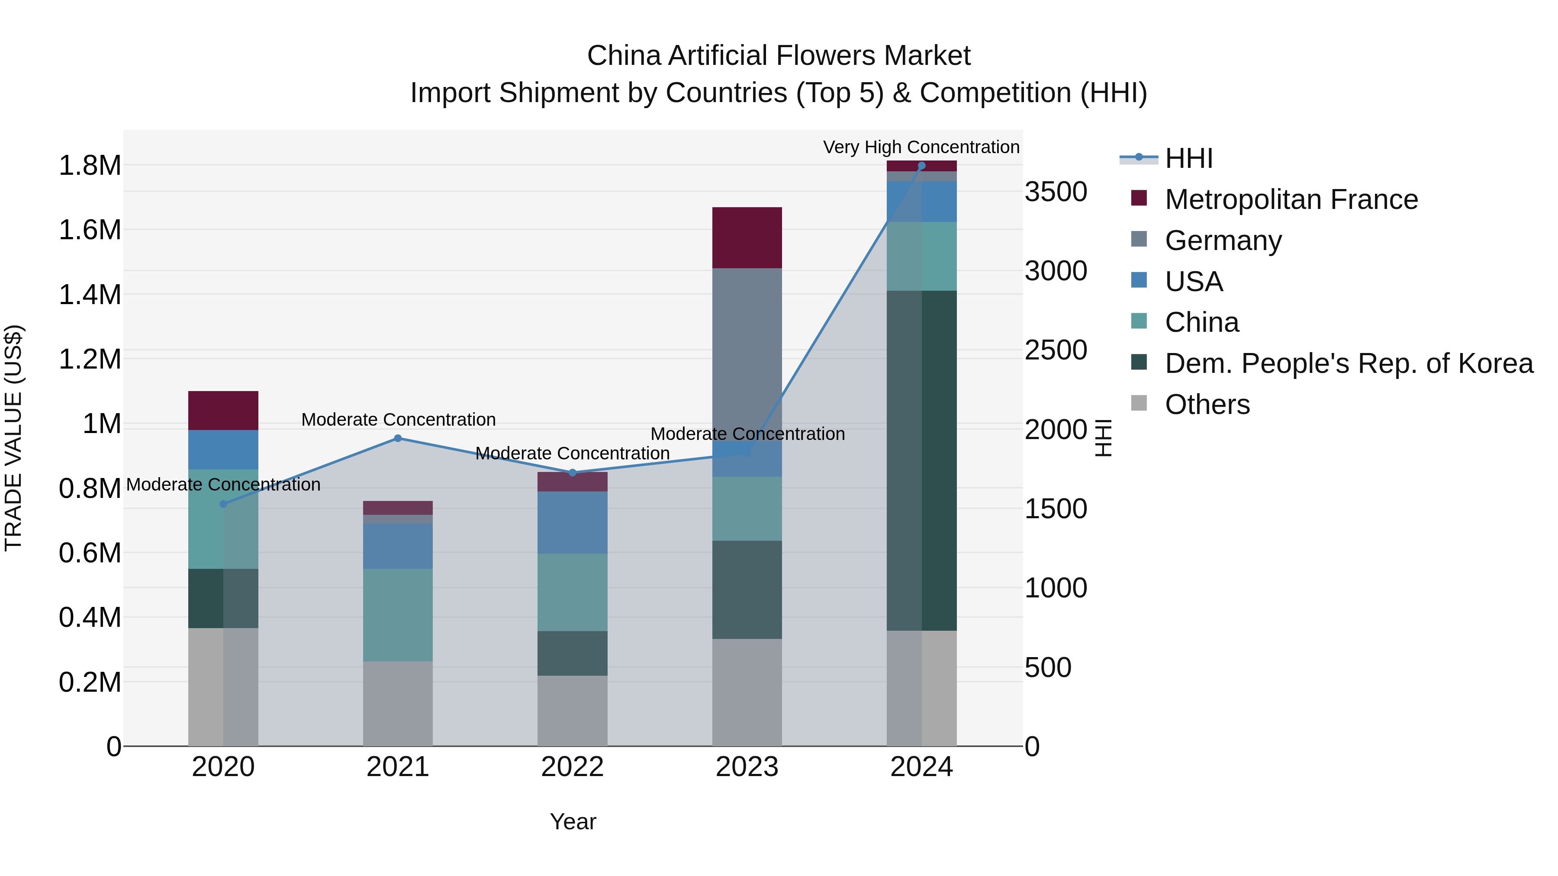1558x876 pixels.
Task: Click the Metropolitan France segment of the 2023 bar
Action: pyautogui.click(x=747, y=237)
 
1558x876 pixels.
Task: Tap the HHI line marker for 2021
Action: pyautogui.click(x=398, y=438)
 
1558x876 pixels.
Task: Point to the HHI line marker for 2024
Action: pyautogui.click(x=922, y=166)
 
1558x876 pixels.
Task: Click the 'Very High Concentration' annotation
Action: pyautogui.click(x=921, y=147)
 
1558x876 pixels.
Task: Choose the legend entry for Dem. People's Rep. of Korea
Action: pyautogui.click(x=1348, y=363)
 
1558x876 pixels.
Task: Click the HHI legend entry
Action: pyautogui.click(x=1188, y=158)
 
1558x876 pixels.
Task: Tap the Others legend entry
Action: pyautogui.click(x=1207, y=404)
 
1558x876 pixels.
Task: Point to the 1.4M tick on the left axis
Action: pyautogui.click(x=90, y=295)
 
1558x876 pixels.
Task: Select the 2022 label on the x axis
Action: pyautogui.click(x=572, y=767)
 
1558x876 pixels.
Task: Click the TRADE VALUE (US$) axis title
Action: pyautogui.click(x=14, y=438)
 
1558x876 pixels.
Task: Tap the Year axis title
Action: pyautogui.click(x=573, y=821)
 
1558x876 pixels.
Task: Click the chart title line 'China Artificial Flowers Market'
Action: pyautogui.click(x=779, y=56)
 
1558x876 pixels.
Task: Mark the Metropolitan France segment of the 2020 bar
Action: pyautogui.click(x=223, y=411)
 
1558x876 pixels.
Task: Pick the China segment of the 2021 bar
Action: pyautogui.click(x=398, y=615)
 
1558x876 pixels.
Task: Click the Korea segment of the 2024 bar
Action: pyautogui.click(x=922, y=461)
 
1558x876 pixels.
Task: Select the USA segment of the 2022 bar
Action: pyautogui.click(x=572, y=522)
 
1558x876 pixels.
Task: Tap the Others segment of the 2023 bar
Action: pyautogui.click(x=747, y=692)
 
